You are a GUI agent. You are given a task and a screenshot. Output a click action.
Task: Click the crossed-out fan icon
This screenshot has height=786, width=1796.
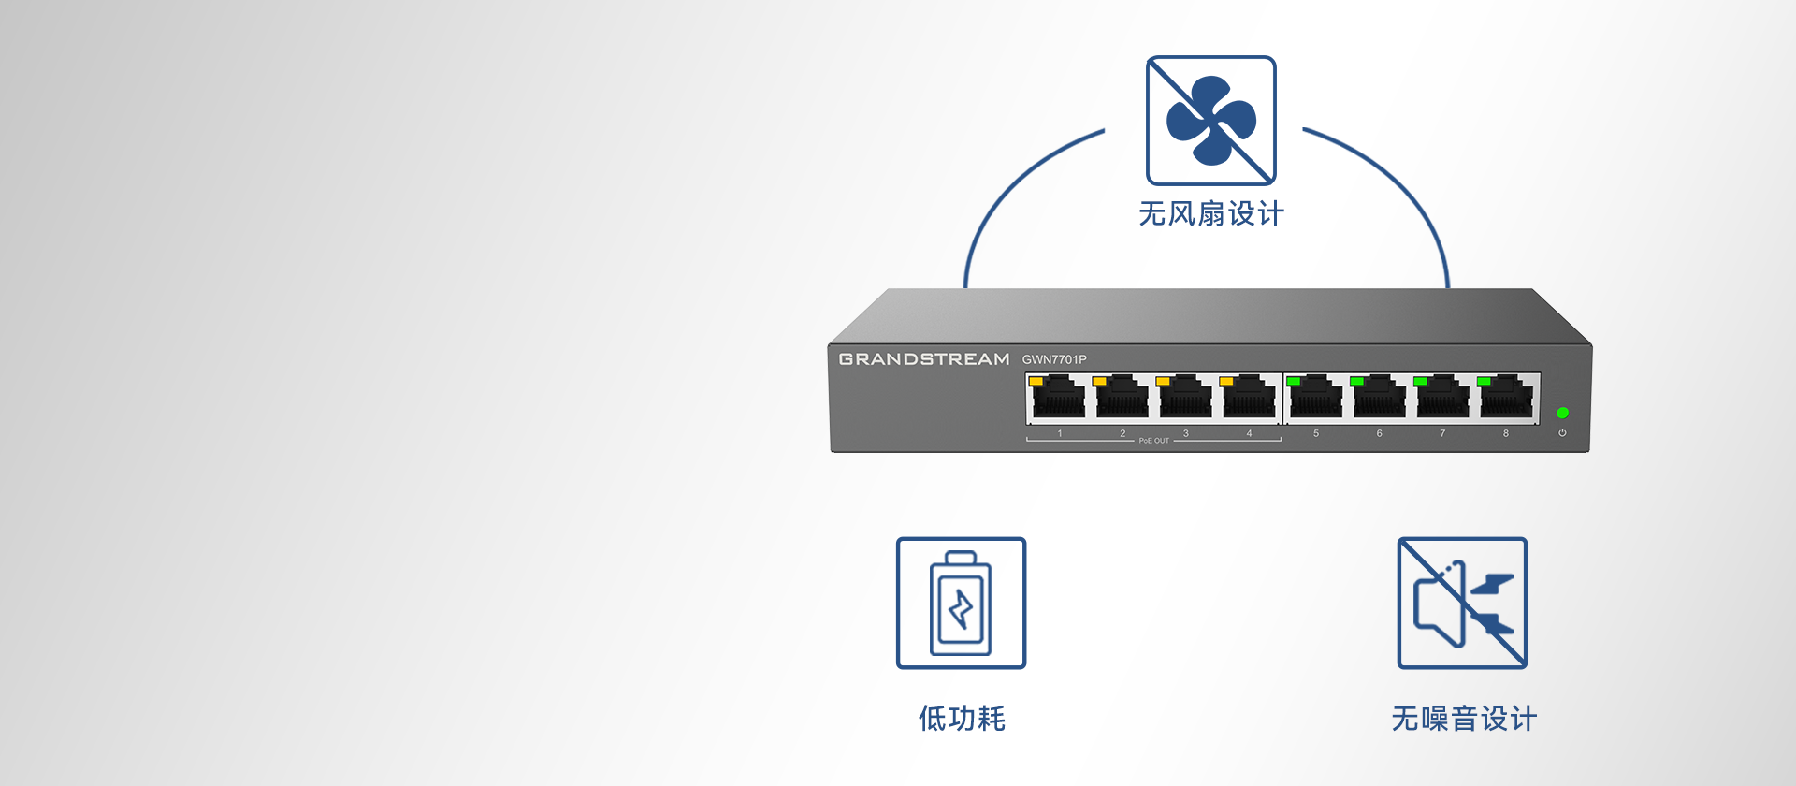1211,121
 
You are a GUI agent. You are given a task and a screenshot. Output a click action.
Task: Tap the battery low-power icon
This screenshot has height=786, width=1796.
961,603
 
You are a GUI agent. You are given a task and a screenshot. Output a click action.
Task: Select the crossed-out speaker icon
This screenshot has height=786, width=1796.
1462,603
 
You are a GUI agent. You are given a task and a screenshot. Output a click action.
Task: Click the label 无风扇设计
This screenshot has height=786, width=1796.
1211,214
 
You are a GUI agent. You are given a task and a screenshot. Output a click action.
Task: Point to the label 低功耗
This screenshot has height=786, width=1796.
962,719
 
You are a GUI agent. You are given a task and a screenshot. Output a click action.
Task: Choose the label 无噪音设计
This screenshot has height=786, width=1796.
1464,719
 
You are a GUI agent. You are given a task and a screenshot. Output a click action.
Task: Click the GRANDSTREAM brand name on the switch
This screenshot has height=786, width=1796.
924,359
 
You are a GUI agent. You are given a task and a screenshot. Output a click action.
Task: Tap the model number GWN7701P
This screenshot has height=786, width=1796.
1054,359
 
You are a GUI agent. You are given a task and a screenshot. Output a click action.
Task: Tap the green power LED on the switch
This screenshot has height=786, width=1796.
1562,413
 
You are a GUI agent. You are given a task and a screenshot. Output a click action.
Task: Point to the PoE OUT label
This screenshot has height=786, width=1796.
1153,441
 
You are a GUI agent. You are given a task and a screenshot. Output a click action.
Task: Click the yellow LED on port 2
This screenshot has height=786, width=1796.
1099,382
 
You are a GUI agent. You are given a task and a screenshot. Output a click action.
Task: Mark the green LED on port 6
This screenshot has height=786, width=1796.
1356,382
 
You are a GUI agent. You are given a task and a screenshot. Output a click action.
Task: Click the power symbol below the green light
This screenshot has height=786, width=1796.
1562,432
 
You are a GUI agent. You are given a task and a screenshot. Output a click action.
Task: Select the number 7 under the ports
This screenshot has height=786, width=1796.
1442,433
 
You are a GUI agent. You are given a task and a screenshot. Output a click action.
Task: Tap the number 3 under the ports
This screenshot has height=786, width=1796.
1185,433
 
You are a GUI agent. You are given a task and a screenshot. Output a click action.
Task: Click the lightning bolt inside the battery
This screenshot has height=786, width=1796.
961,610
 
